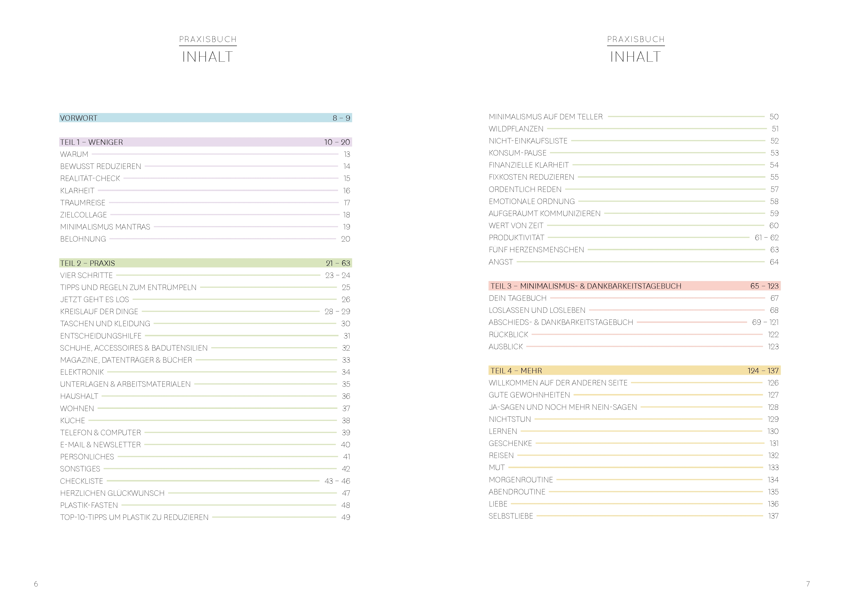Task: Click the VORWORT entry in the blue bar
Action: tap(79, 118)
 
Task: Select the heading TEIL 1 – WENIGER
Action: tap(92, 142)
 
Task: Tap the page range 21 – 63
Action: tap(338, 263)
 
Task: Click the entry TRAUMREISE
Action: tap(83, 203)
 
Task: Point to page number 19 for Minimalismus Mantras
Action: tap(347, 227)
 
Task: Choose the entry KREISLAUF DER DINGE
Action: tap(99, 311)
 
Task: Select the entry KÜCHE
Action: tap(73, 420)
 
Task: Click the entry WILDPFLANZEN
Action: tap(516, 129)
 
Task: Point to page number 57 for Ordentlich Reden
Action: tap(774, 189)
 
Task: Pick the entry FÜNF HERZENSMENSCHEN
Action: tap(536, 250)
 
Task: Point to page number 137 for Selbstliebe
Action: tap(773, 516)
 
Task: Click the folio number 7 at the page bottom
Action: tap(808, 584)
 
